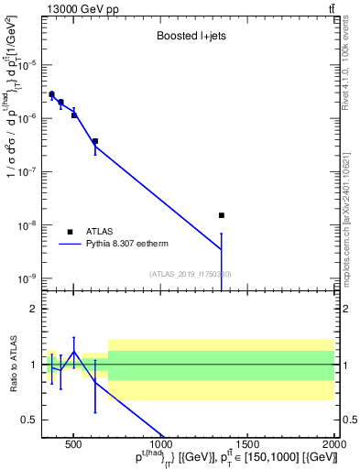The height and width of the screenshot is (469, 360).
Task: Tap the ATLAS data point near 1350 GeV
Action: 221,215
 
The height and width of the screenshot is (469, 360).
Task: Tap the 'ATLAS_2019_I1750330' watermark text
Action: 190,274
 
